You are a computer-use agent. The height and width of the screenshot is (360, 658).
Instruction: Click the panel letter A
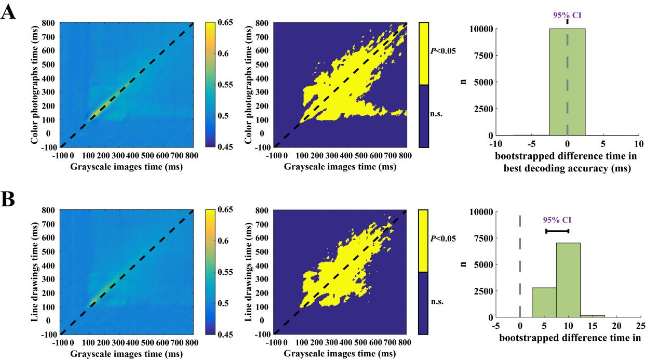click(8, 12)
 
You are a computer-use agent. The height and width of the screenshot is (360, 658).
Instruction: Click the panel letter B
click(8, 199)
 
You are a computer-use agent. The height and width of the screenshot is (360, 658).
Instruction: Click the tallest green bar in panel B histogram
click(568, 280)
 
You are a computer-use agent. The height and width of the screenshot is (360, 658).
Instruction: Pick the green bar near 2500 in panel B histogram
click(544, 302)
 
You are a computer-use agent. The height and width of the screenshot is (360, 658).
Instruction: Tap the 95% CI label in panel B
click(557, 220)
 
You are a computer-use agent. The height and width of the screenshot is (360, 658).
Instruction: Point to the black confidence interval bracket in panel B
click(557, 231)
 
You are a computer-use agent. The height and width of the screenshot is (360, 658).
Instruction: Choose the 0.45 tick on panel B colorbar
click(226, 334)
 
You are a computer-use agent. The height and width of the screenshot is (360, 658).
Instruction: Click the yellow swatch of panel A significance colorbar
click(424, 54)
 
